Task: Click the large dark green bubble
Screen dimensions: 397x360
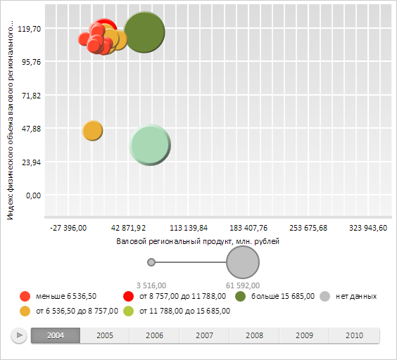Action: click(x=144, y=32)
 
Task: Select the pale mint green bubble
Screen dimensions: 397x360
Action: click(x=150, y=145)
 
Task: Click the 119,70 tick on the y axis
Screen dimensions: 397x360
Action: click(x=29, y=29)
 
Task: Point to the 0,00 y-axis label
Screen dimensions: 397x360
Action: click(x=33, y=195)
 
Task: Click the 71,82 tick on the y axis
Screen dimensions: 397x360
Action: click(x=31, y=96)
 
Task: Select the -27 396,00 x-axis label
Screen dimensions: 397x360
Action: click(x=68, y=228)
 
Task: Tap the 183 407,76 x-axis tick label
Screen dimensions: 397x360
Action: click(x=248, y=228)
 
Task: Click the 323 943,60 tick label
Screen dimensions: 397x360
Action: click(x=368, y=228)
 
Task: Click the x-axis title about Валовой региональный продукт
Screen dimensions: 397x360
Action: click(x=198, y=241)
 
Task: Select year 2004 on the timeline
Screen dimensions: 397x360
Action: click(x=56, y=335)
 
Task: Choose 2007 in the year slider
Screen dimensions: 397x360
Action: click(x=204, y=335)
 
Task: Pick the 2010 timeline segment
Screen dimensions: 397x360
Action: click(x=355, y=335)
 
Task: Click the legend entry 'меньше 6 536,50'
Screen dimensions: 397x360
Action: click(x=58, y=296)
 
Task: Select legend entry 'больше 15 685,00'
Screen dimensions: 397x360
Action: click(x=275, y=296)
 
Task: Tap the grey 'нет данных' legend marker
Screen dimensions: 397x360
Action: click(x=324, y=296)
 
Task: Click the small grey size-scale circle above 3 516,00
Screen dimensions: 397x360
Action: click(x=151, y=262)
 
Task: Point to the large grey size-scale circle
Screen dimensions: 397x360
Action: click(x=243, y=262)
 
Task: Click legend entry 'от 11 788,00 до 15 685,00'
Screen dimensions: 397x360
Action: click(x=177, y=311)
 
